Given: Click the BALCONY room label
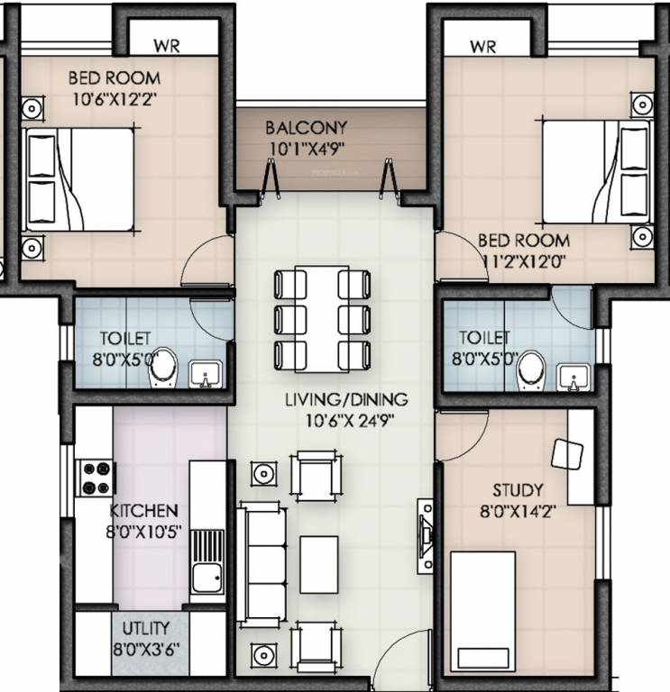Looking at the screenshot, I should (x=306, y=128).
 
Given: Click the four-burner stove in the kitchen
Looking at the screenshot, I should (x=96, y=478).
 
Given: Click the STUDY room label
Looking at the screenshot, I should (x=518, y=491).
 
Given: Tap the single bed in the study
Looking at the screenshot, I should (x=482, y=608).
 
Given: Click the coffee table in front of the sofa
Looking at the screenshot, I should (x=317, y=564).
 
